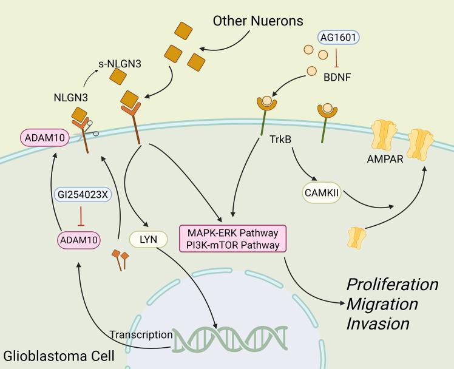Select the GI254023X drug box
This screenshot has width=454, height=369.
pos(81,195)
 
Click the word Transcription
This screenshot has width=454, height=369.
pos(140,334)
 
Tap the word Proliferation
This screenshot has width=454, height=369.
pos(391,284)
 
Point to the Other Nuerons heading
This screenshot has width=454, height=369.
pos(257,21)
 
